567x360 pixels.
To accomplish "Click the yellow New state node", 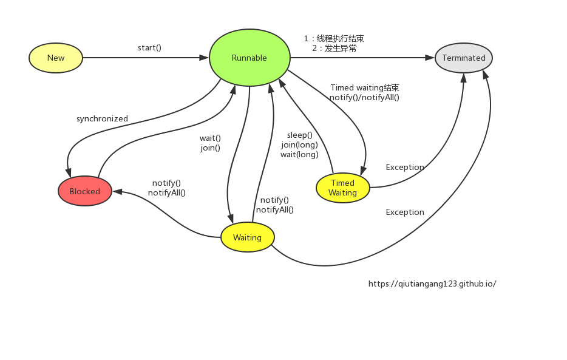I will click(x=55, y=58).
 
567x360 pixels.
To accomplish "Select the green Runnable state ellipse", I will click(x=249, y=58).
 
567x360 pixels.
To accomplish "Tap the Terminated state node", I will click(x=464, y=58).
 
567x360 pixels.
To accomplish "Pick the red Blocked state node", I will click(x=85, y=191).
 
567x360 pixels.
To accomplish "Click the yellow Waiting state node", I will click(x=247, y=237).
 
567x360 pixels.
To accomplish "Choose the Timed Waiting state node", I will click(x=342, y=188).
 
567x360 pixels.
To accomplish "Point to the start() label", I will click(x=149, y=47).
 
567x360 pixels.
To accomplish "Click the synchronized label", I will click(x=102, y=119).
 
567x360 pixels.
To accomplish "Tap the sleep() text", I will click(x=300, y=135).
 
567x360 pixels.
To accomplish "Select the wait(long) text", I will click(x=299, y=155).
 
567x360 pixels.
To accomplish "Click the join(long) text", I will click(x=299, y=145).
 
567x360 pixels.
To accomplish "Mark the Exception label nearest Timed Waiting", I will click(x=405, y=168).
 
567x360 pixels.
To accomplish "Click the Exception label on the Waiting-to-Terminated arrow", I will click(x=405, y=212).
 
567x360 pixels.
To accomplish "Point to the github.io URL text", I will click(x=432, y=284).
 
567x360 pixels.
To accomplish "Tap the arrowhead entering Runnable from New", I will click(x=205, y=58).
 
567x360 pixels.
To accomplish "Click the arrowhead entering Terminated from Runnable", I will click(x=430, y=58).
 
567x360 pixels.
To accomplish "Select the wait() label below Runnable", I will click(x=210, y=138).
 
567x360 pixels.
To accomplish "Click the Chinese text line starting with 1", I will click(x=334, y=38).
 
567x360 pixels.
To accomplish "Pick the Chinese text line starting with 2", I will click(x=334, y=48).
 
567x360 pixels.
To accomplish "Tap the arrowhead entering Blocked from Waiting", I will click(x=117, y=192).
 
